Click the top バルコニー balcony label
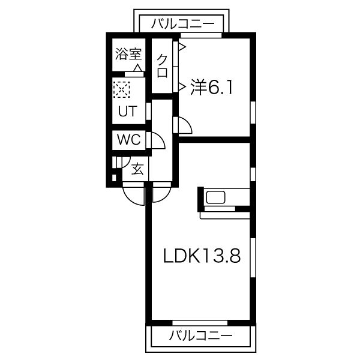coord(184,24)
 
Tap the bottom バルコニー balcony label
coord(200,334)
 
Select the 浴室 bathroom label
coord(128,55)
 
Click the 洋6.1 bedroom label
coord(212,88)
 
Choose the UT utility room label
coord(127,111)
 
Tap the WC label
coord(128,140)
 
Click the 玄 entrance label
coord(137,169)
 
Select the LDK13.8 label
coord(202,257)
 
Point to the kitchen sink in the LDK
coord(215,197)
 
